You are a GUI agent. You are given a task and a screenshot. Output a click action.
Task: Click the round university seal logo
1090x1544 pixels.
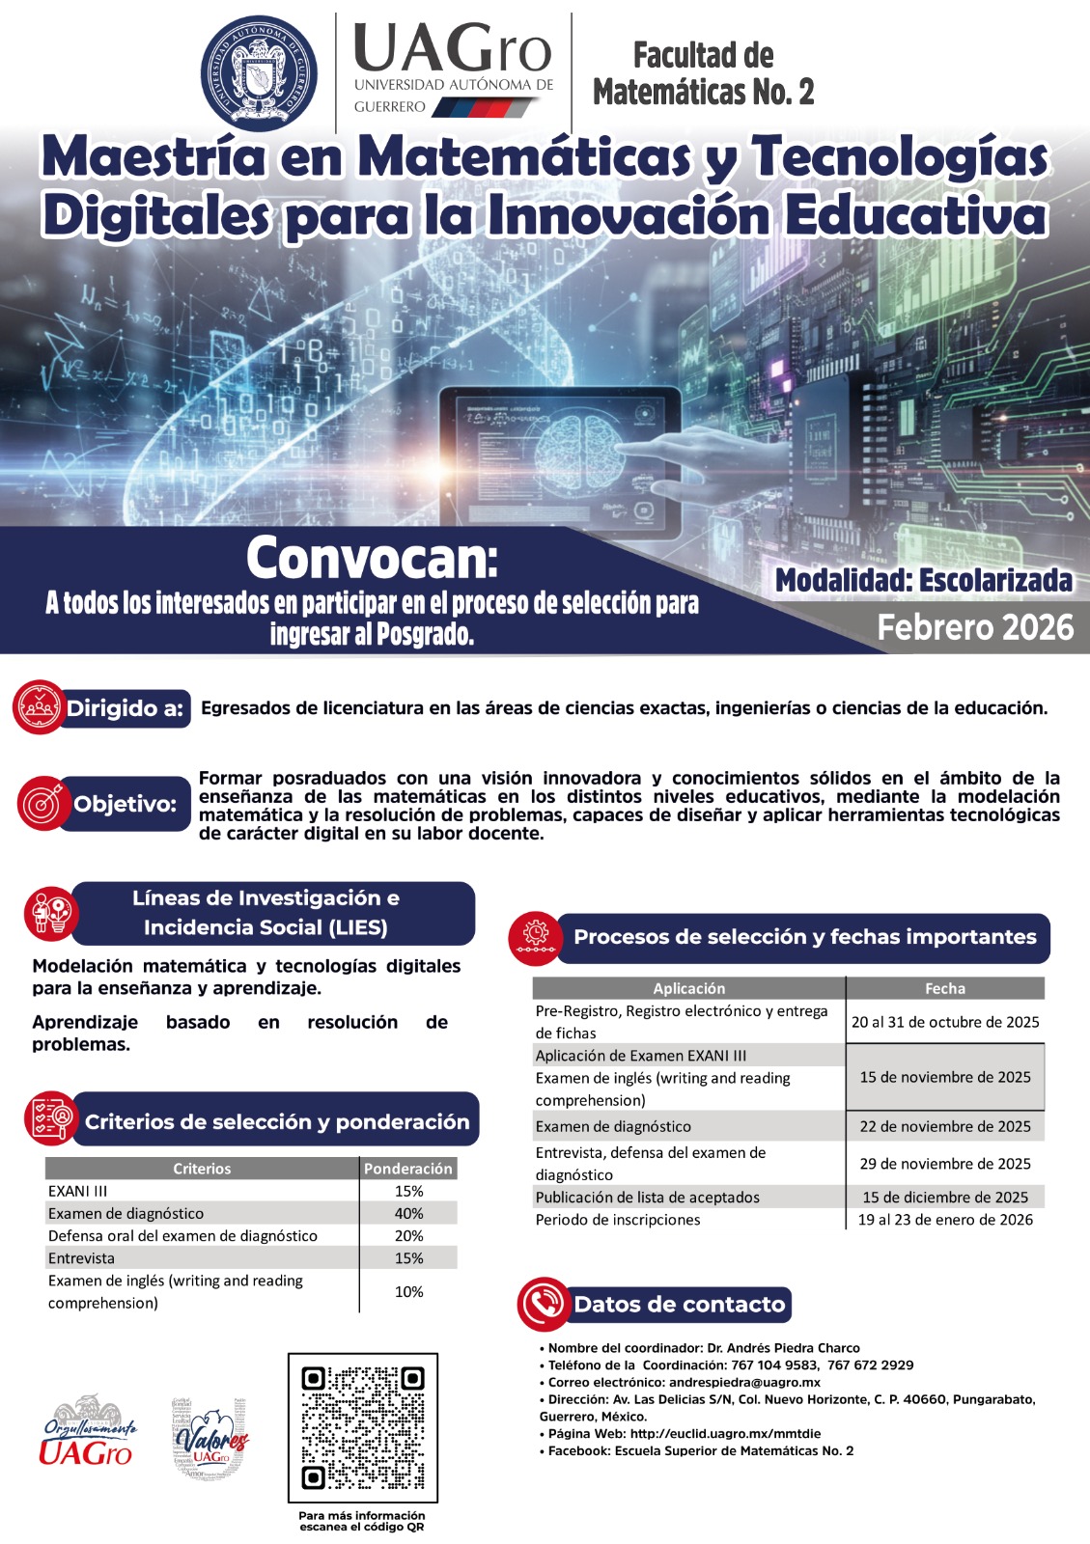(x=258, y=73)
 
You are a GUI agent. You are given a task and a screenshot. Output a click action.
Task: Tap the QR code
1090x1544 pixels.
(x=363, y=1427)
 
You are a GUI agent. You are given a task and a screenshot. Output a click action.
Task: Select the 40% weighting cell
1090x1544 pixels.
(x=408, y=1213)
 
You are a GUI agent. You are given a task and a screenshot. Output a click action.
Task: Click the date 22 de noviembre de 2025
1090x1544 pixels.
(x=945, y=1126)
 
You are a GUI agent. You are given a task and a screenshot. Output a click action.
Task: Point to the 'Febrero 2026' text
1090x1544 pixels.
(x=975, y=627)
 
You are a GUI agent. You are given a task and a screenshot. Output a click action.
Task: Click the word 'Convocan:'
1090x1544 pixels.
(x=372, y=557)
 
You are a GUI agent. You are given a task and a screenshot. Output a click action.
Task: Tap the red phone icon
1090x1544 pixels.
(x=543, y=1304)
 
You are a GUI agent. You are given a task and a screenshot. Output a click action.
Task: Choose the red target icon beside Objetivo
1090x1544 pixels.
(x=42, y=803)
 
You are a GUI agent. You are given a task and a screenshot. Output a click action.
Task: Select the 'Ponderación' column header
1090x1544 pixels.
(x=407, y=1169)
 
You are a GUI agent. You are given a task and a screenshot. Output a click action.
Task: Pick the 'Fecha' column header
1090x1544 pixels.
(x=945, y=988)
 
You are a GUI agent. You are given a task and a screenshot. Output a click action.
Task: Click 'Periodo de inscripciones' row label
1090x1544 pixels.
(x=618, y=1220)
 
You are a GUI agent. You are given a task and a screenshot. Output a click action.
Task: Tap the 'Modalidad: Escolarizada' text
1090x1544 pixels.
(x=924, y=580)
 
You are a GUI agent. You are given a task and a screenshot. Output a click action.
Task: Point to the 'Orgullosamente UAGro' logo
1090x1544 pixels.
(x=88, y=1432)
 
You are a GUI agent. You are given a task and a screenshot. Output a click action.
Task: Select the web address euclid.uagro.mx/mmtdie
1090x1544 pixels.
(x=725, y=1434)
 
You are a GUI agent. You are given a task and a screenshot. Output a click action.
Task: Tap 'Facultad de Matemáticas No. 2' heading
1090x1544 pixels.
(x=703, y=73)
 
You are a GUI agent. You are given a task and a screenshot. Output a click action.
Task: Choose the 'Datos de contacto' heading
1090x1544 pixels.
(x=680, y=1305)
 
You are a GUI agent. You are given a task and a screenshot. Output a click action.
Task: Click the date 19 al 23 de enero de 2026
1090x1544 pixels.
(x=945, y=1220)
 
